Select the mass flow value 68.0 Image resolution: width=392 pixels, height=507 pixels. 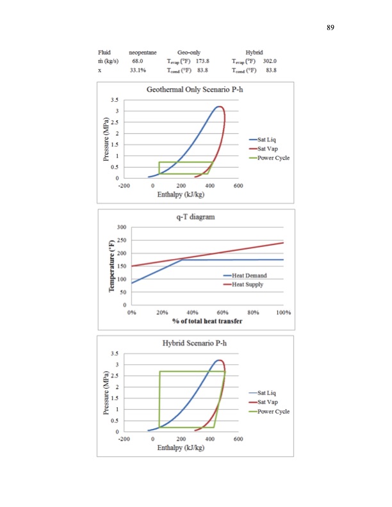coord(137,60)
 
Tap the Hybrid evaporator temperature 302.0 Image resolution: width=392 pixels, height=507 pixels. coord(269,60)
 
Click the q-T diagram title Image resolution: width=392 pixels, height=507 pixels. coord(196,217)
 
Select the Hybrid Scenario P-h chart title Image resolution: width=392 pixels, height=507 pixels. coord(196,343)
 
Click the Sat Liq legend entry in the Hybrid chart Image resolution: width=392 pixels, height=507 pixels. coord(268,392)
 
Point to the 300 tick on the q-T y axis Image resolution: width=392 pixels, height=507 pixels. coord(121,227)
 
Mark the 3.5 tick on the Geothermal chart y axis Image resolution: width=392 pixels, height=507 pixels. coord(113,100)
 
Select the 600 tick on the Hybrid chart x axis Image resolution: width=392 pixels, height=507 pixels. coord(238,439)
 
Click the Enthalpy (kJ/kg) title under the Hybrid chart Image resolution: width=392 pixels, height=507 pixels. coord(181,447)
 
